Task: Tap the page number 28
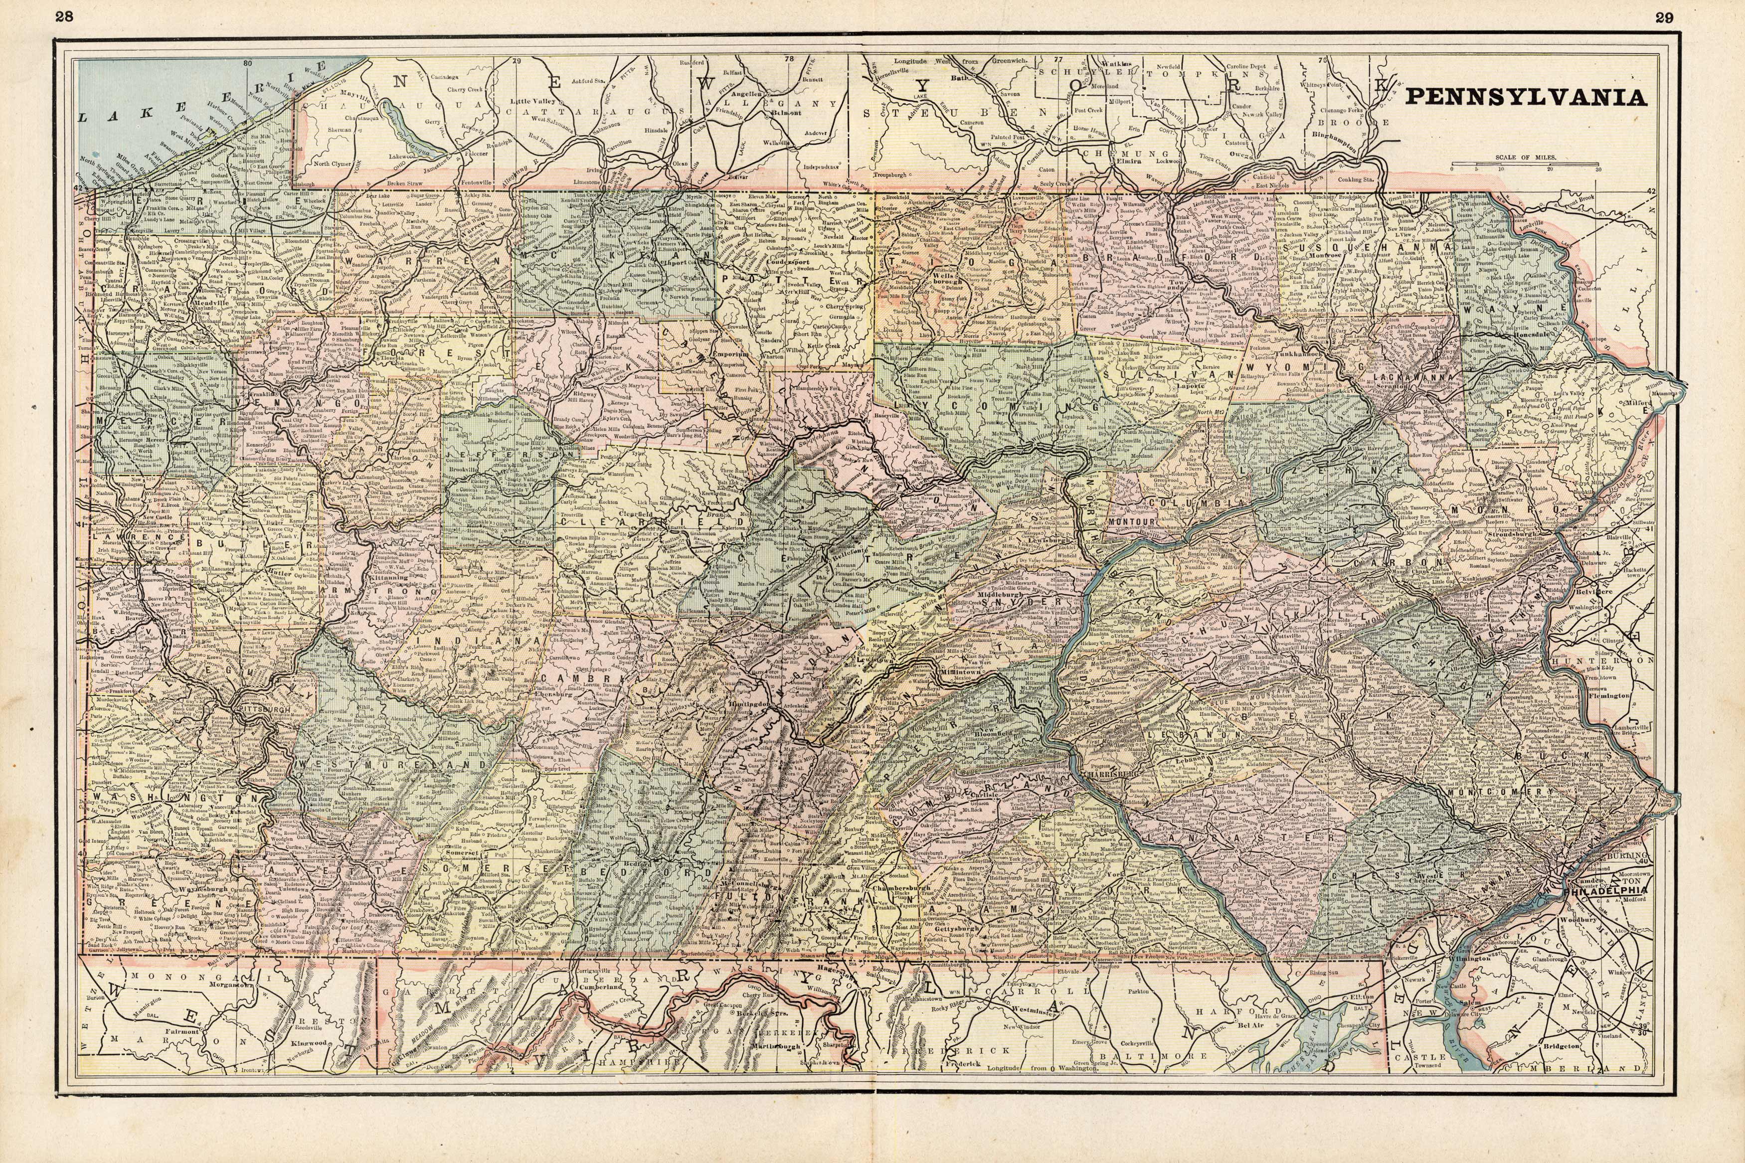click(65, 18)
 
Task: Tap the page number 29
click(1678, 18)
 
